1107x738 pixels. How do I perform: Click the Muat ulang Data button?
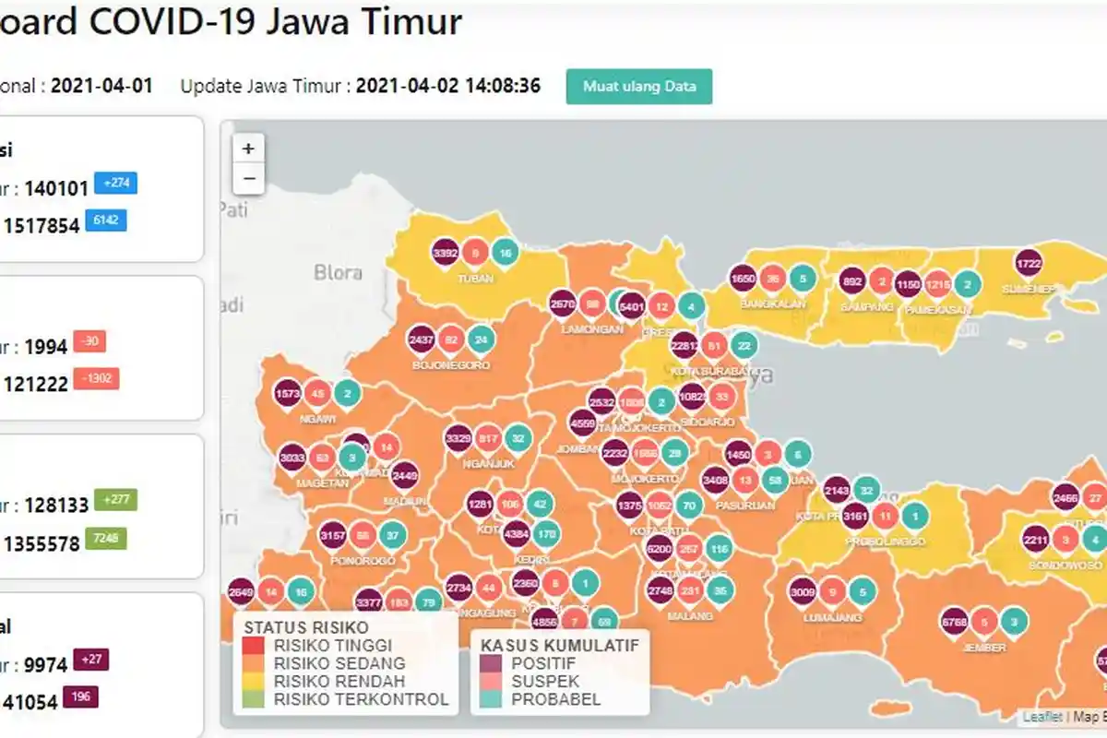click(x=638, y=87)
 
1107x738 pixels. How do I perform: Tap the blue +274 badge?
click(x=116, y=184)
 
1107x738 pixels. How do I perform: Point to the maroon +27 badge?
click(x=92, y=660)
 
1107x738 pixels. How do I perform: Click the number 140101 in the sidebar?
click(x=56, y=189)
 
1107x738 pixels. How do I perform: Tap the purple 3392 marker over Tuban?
click(x=446, y=252)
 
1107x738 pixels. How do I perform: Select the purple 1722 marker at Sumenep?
click(x=1029, y=263)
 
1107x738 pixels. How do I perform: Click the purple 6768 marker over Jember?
click(x=954, y=622)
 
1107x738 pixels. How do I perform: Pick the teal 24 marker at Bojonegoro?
click(x=480, y=339)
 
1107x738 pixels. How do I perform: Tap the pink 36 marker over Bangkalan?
click(x=773, y=279)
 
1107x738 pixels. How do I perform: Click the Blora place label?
click(x=338, y=273)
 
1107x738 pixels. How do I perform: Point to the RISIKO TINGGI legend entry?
click(x=331, y=645)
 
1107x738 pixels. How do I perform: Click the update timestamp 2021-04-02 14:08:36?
click(x=447, y=87)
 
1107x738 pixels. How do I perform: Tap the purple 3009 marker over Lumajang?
click(x=803, y=592)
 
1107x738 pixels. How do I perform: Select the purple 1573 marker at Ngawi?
click(x=288, y=394)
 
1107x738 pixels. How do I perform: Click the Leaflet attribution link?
click(x=1042, y=716)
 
